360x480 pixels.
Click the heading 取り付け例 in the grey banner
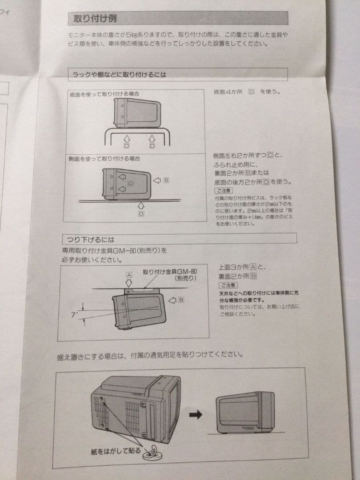96,19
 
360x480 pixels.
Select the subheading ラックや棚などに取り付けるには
120,75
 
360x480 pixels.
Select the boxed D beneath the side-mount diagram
141,214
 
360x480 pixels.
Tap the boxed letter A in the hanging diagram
129,275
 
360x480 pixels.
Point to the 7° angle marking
74,314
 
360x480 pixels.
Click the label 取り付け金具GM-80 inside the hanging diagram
169,272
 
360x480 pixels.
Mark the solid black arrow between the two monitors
196,414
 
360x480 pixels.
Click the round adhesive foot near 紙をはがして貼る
148,453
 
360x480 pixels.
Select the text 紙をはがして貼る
114,451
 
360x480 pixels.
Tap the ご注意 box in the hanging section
228,285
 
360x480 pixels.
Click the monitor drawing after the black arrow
245,412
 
